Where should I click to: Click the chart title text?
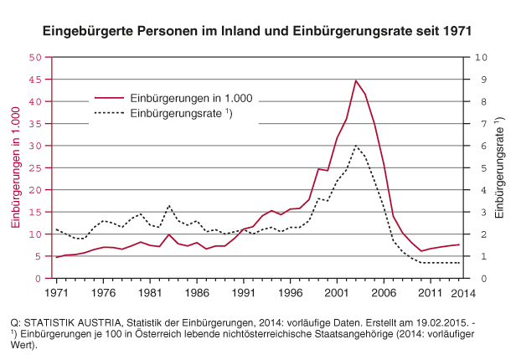tap(257, 30)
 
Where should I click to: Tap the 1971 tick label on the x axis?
tap(56, 293)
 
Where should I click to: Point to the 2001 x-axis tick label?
tap(337, 293)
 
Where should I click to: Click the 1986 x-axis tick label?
tap(196, 293)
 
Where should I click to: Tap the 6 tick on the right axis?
tap(478, 146)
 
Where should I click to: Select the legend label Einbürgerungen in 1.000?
tap(192, 97)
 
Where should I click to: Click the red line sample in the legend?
tap(110, 97)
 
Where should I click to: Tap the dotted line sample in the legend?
tap(110, 113)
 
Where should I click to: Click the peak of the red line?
tap(356, 80)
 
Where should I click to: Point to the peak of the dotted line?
tap(356, 146)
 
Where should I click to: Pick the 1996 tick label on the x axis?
tap(290, 293)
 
